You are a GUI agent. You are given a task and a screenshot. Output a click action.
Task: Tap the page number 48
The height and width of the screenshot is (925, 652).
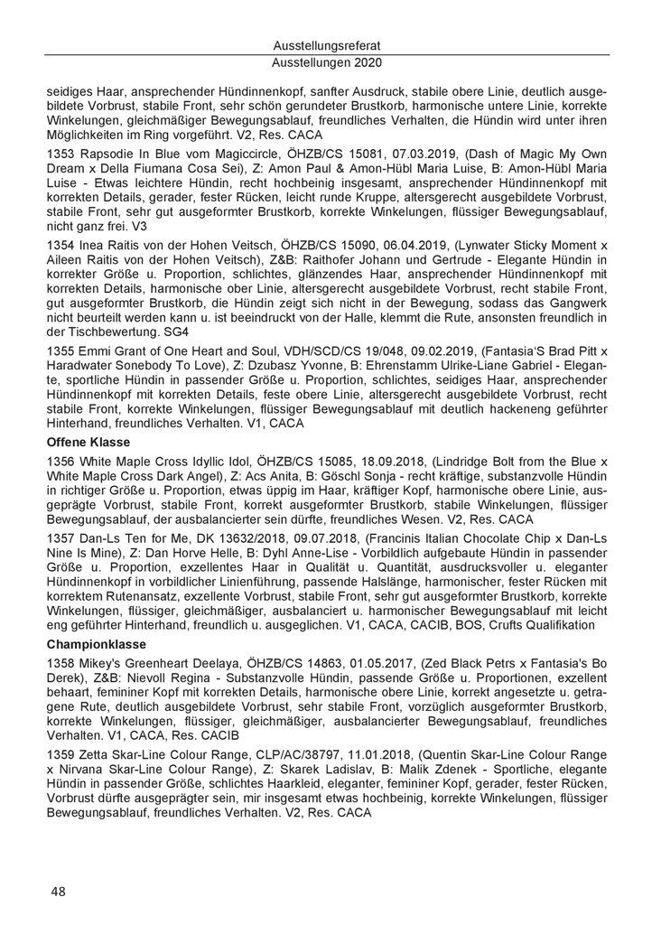pos(58,891)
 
